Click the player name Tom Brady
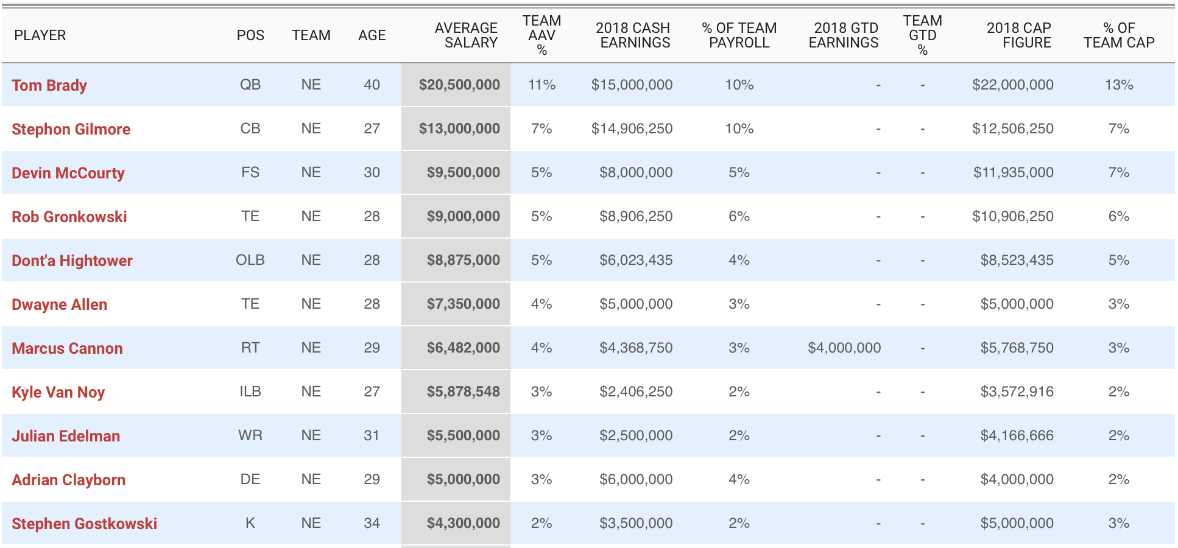49,85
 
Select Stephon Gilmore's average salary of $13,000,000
459,128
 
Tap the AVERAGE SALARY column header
466,35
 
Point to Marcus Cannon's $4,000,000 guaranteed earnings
844,348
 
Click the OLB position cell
250,260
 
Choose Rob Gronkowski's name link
69,217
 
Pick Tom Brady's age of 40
372,85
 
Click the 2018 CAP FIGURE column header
1019,35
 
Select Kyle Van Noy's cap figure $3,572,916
1017,392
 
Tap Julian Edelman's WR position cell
250,435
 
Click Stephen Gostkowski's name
85,524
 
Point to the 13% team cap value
1119,85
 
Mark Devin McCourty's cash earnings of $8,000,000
636,172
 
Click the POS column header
250,35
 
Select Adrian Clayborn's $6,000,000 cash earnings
636,479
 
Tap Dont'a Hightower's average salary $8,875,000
463,260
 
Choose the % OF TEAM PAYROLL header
739,35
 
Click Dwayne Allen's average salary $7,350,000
463,304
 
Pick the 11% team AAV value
541,85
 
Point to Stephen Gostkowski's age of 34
372,523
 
